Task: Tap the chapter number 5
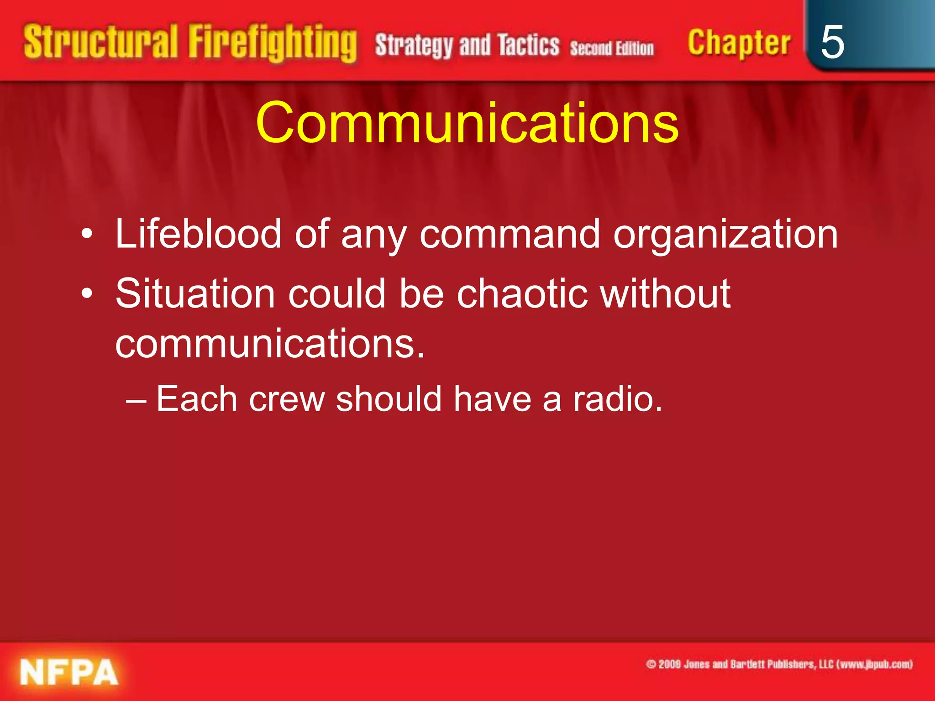tap(832, 42)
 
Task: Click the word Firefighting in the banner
tap(273, 43)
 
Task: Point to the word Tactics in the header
tap(528, 45)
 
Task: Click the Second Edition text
tap(611, 48)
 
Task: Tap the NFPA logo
tap(69, 672)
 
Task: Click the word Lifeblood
tap(198, 234)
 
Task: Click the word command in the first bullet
tap(510, 234)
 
